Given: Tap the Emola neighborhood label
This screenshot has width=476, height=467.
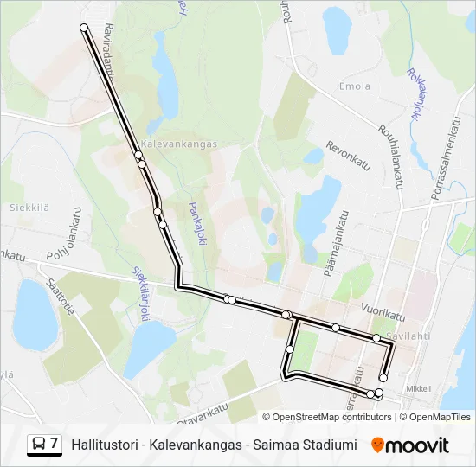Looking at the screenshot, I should click(x=355, y=86).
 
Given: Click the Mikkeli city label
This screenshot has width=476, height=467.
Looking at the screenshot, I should click(x=417, y=388).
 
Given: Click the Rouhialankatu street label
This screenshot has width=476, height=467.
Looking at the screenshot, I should click(x=391, y=155).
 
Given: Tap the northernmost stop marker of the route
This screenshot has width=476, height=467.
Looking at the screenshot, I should click(x=84, y=28).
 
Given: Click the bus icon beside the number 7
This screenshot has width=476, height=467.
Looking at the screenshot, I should click(x=38, y=445).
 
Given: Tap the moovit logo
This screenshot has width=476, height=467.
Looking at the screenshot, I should click(x=410, y=445).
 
